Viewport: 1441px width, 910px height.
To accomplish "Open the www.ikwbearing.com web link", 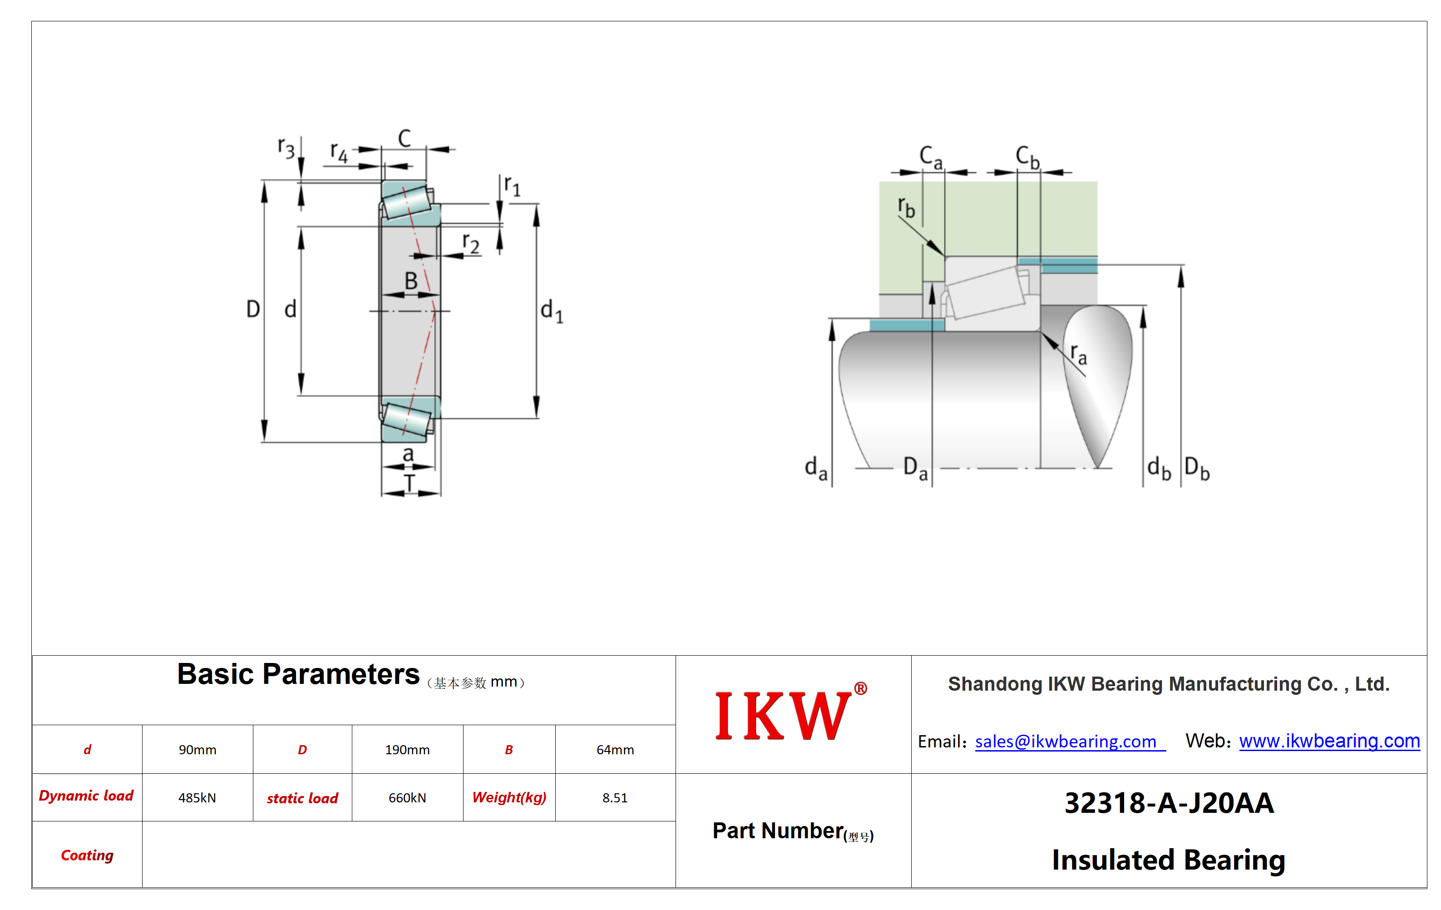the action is click(x=1329, y=741).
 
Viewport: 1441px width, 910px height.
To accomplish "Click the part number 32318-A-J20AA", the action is click(x=1169, y=803).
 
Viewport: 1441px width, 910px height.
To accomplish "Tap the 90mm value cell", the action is click(x=197, y=750).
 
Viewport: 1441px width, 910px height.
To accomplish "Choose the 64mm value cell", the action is click(x=615, y=750).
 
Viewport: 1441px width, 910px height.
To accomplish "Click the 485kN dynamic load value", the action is click(x=197, y=797).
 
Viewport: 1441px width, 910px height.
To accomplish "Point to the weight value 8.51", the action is click(x=615, y=797).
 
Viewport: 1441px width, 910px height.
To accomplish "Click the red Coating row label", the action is click(x=87, y=855).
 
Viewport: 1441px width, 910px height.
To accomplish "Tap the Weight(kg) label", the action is click(x=509, y=797).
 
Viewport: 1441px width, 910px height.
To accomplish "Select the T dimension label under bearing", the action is click(x=410, y=483).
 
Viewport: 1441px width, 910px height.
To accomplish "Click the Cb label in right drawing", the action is click(x=1027, y=158).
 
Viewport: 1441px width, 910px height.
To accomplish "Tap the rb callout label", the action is click(x=907, y=207).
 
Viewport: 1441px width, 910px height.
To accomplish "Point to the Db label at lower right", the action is click(x=1197, y=468).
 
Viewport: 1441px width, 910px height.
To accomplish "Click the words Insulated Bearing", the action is click(x=1169, y=860).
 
